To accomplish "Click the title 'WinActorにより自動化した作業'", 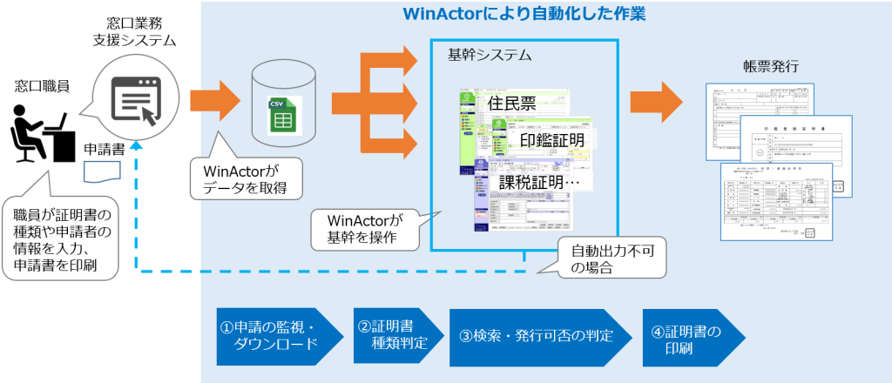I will point(524,16).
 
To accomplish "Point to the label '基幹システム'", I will point(489,56).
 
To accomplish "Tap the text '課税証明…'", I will point(540,183).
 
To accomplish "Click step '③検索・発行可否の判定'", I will point(537,335).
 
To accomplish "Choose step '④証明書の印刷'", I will point(688,335).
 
